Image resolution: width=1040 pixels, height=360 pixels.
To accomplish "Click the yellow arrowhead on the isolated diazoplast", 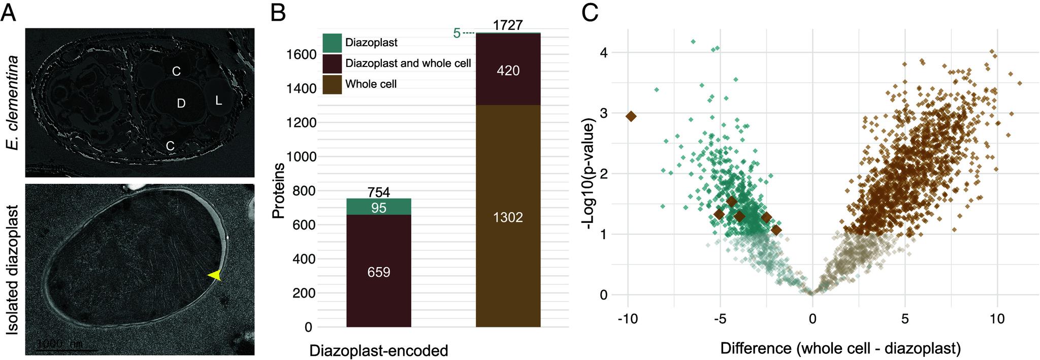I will point(216,275).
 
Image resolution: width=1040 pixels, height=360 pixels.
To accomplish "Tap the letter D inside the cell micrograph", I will point(181,104).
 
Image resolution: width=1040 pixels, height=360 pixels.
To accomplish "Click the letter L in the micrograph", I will point(218,101).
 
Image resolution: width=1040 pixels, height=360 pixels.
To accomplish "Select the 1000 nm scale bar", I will point(66,349).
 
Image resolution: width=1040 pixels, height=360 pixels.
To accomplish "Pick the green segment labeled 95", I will point(378,207).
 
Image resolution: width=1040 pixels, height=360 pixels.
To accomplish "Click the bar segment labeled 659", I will point(378,272).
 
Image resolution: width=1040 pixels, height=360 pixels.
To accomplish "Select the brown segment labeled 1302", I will point(508,217).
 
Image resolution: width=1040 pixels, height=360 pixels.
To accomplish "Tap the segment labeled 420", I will point(508,71).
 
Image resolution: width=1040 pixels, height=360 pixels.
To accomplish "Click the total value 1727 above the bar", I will point(508,25).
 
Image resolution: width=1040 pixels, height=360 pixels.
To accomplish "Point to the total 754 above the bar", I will point(378,192).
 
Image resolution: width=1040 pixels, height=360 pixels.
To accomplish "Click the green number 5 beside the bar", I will point(457,34).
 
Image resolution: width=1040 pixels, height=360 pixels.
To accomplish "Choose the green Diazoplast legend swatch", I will point(332,43).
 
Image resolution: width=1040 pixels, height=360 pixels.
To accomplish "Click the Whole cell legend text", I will point(371,84).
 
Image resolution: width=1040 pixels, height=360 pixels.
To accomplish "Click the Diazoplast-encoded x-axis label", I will point(378,351).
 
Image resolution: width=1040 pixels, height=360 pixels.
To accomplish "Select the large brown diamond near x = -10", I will point(631,116).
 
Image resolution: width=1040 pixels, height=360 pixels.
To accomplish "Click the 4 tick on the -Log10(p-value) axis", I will point(604,53).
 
